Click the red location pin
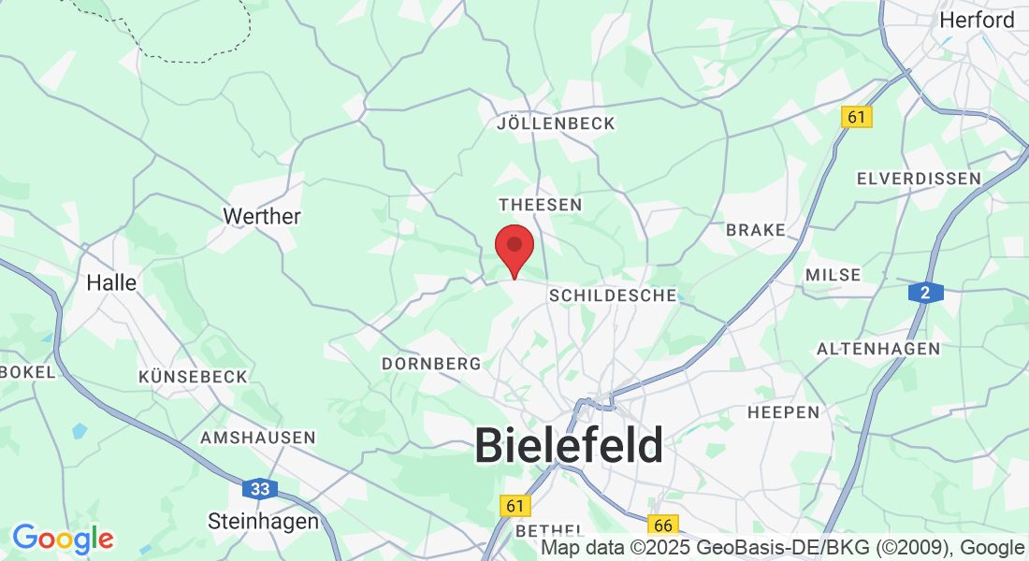coord(514,248)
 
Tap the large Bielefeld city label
coord(569,445)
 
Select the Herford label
coord(977,20)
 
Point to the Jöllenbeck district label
coord(557,123)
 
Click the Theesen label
coord(541,204)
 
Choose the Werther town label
coord(262,216)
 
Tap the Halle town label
coord(111,282)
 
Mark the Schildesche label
coord(613,295)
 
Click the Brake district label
coord(756,230)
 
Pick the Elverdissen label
coord(919,178)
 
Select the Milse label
coord(833,275)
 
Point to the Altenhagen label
coord(878,349)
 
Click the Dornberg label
coord(431,363)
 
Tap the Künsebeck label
coord(193,377)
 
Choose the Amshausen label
coord(258,438)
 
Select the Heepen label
coord(783,411)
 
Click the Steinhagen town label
coord(263,521)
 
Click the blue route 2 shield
coord(924,293)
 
